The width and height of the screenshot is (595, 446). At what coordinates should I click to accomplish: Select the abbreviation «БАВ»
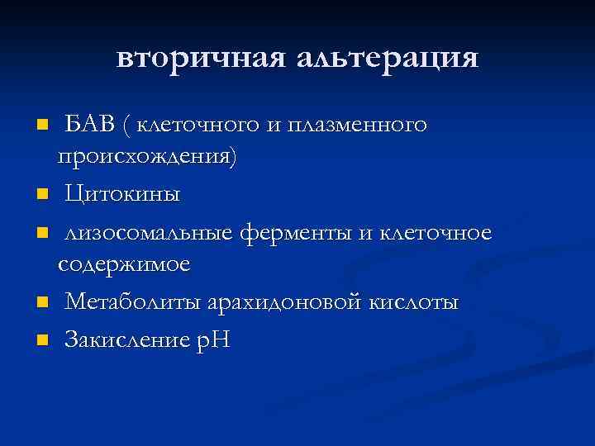pyautogui.click(x=88, y=126)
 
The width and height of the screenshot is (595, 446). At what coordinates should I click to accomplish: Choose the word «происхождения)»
pyautogui.click(x=146, y=159)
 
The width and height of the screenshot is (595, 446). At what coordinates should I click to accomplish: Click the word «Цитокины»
pyautogui.click(x=122, y=195)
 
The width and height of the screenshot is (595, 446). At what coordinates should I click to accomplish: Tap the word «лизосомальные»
pyautogui.click(x=150, y=232)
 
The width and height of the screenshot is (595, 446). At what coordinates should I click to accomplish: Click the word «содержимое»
pyautogui.click(x=124, y=266)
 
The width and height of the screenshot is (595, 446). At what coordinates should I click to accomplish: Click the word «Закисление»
pyautogui.click(x=126, y=339)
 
